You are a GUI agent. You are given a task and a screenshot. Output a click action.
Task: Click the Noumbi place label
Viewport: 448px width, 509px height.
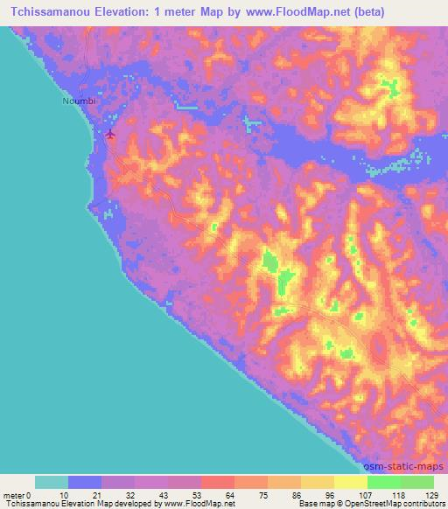(x=76, y=101)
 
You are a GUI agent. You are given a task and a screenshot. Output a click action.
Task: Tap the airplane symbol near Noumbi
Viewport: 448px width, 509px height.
(x=110, y=134)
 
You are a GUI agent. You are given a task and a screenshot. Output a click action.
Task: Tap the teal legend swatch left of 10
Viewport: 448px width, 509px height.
(x=52, y=482)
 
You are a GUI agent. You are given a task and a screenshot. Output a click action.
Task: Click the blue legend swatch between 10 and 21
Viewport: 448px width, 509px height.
(x=85, y=482)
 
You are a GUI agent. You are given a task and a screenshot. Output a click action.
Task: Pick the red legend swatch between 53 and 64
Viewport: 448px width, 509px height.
(x=217, y=482)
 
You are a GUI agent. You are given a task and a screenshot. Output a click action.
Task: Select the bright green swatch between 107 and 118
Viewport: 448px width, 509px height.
(x=383, y=482)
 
